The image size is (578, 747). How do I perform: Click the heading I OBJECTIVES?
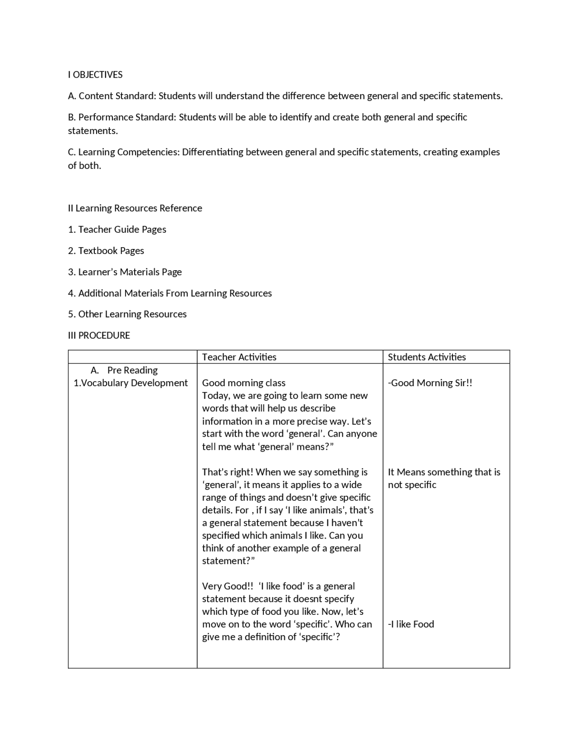point(95,75)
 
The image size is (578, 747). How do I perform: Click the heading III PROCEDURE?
point(99,336)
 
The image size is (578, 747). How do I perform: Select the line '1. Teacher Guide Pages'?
point(117,230)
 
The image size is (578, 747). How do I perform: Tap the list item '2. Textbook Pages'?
point(106,251)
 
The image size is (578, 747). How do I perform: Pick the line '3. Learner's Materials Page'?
point(125,272)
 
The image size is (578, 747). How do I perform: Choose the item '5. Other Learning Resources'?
point(127,314)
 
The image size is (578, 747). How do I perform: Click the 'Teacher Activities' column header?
point(239,357)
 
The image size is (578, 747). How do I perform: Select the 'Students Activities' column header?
point(427,357)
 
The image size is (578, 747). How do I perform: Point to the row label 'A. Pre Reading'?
point(124,370)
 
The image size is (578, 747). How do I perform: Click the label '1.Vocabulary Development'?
point(131,383)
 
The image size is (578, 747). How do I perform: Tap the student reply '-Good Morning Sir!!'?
point(430,383)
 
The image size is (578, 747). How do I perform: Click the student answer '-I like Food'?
point(411,624)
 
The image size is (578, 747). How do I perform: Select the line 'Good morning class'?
point(243,383)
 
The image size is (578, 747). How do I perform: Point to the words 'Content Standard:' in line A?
point(117,96)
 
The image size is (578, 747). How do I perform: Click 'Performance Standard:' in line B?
point(127,117)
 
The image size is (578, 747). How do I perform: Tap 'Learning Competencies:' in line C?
point(129,152)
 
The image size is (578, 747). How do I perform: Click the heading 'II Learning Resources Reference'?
point(135,208)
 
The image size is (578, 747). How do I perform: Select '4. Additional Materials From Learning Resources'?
point(170,293)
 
